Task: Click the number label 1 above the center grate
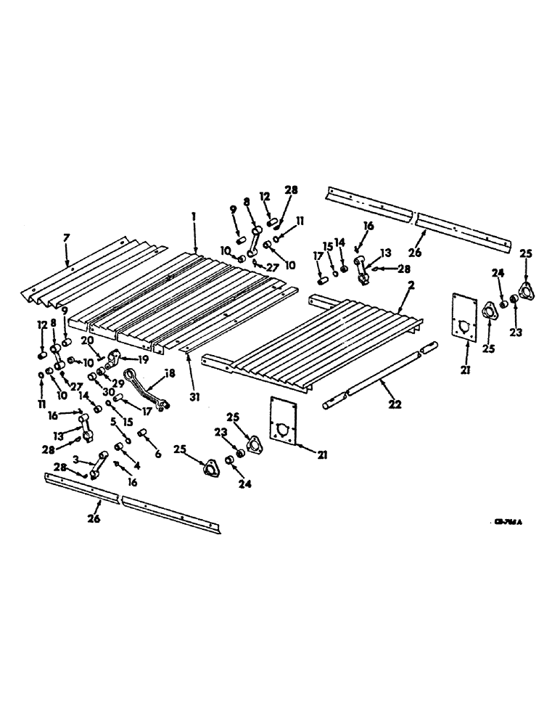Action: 194,217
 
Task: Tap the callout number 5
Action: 114,420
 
